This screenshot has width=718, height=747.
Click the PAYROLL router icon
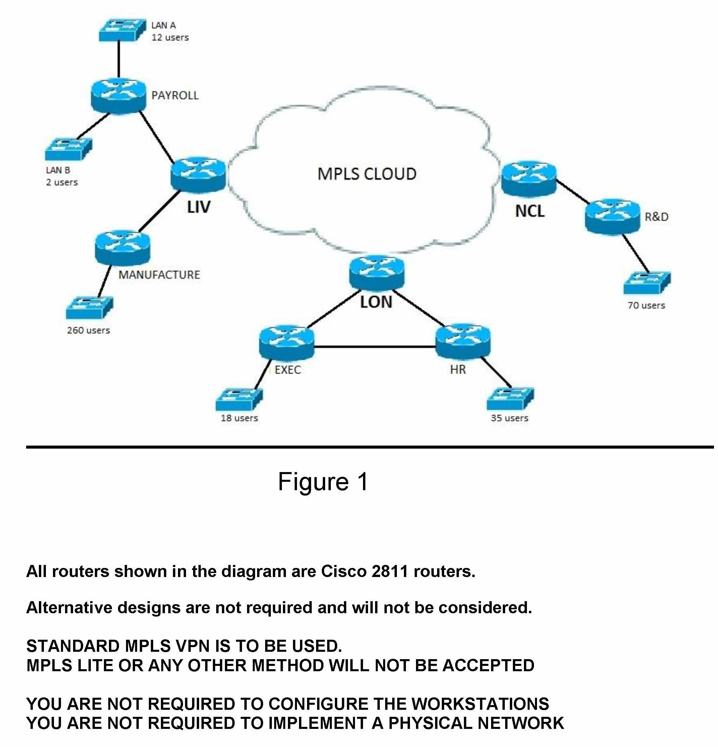pyautogui.click(x=119, y=96)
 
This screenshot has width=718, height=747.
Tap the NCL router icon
pyautogui.click(x=529, y=178)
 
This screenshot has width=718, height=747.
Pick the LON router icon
pyautogui.click(x=376, y=273)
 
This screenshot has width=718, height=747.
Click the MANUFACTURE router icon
pyautogui.click(x=122, y=248)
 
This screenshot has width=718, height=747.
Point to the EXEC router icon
pyautogui.click(x=287, y=342)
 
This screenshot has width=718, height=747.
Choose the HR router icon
pyautogui.click(x=463, y=342)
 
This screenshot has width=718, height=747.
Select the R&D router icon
pyautogui.click(x=612, y=216)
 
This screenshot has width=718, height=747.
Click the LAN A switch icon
pyautogui.click(x=122, y=30)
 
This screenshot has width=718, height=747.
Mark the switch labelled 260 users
pyautogui.click(x=89, y=307)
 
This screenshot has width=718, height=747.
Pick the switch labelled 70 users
pyautogui.click(x=647, y=282)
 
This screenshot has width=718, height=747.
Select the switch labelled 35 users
pyautogui.click(x=510, y=399)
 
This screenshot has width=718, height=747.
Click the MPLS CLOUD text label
pyautogui.click(x=367, y=174)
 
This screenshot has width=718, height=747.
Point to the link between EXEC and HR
pyautogui.click(x=375, y=347)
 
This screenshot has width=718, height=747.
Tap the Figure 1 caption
pyautogui.click(x=323, y=482)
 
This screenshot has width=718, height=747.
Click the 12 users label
pyautogui.click(x=170, y=37)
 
